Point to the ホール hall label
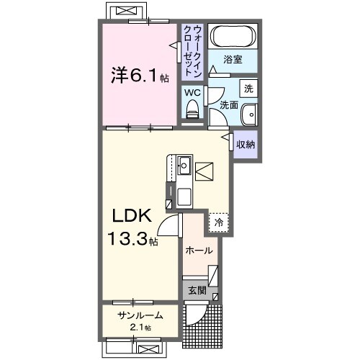click(x=198, y=251)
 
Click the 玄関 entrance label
click(x=197, y=291)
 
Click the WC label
click(x=192, y=91)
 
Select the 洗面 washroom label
click(x=229, y=105)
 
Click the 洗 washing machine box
click(x=248, y=89)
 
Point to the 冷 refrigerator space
click(x=218, y=223)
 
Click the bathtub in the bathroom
click(x=233, y=37)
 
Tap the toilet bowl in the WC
click(x=192, y=109)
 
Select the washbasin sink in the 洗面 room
click(x=249, y=114)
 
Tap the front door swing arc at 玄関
click(x=197, y=315)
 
